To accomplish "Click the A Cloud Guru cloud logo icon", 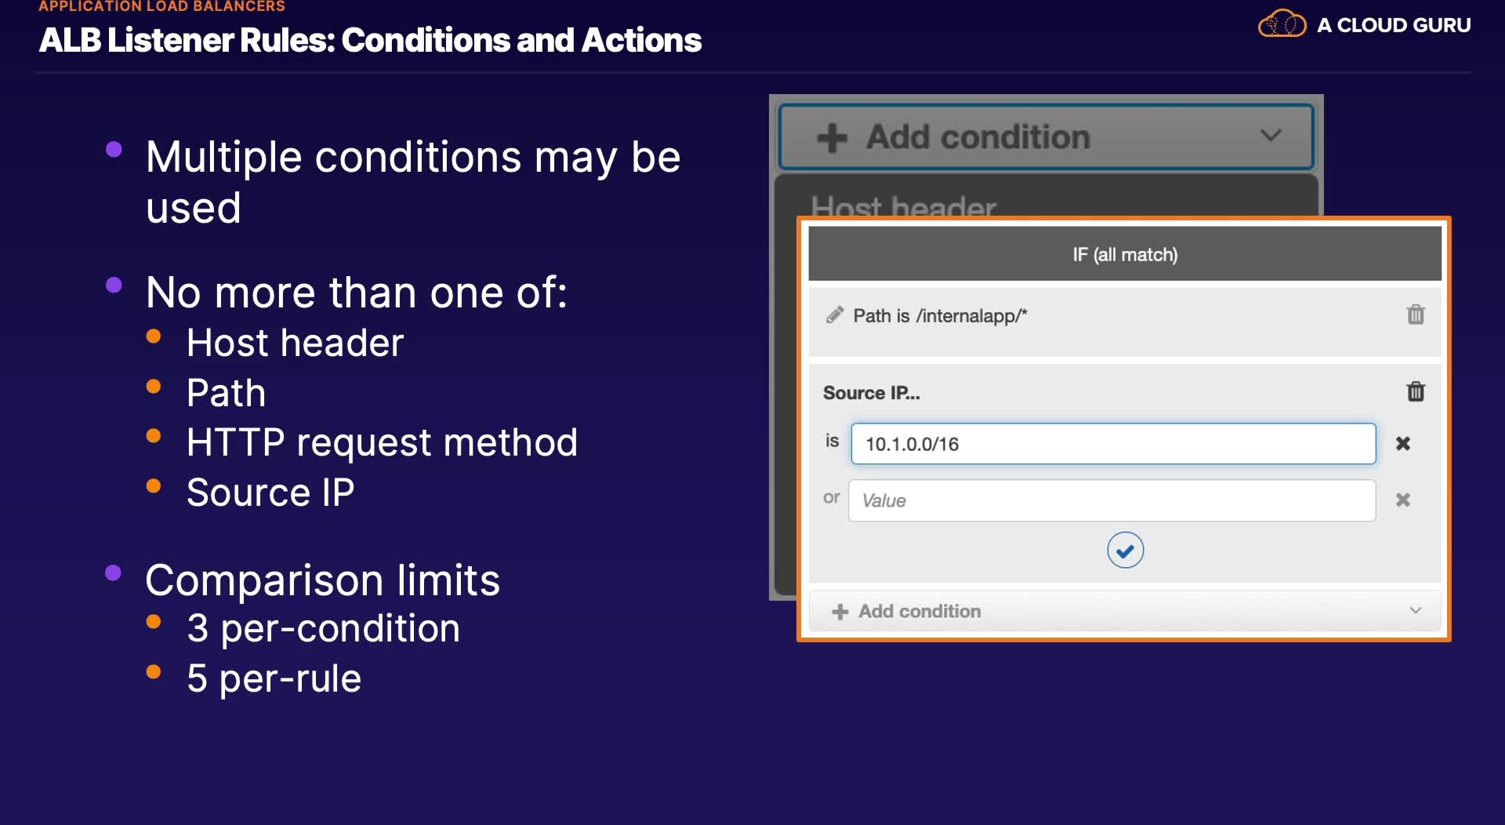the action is coord(1282,24).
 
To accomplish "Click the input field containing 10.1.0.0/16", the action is coord(1113,444).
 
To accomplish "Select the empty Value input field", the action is coord(1112,500).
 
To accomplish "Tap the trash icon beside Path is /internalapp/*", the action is coord(1416,314).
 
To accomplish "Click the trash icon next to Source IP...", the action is coord(1416,391).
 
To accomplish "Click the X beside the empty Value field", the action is coord(1403,500).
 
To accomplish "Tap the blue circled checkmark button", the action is coord(1125,551).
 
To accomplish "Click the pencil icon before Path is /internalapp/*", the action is coord(835,315).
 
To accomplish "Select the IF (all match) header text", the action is coord(1125,255).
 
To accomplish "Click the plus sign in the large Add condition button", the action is coord(832,138).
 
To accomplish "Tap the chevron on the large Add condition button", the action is coord(1271,136).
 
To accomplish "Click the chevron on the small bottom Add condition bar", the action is coord(1416,610).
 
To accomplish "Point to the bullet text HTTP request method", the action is coord(382,442).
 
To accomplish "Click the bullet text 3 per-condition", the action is coord(323,629).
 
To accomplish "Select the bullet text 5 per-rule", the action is coord(274,679).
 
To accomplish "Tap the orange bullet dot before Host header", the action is coord(154,336).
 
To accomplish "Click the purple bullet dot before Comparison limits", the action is coord(114,572).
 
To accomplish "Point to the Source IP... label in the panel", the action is coord(871,393).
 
